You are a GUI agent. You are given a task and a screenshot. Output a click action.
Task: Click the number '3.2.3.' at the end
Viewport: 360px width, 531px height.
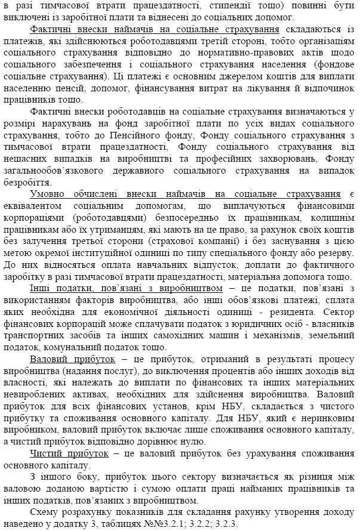coord(223,524)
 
